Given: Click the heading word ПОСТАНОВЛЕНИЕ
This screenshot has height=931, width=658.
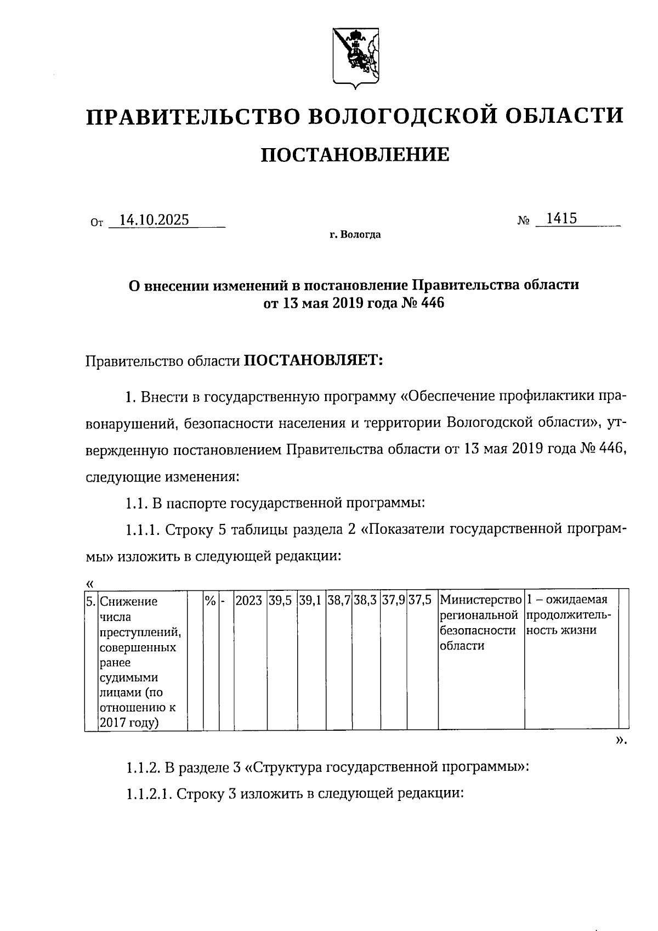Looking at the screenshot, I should (355, 155).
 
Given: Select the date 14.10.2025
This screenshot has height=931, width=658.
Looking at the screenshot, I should (154, 220).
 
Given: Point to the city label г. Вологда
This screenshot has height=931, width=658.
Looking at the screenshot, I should (355, 235).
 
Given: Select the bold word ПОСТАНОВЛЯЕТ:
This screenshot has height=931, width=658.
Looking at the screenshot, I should (313, 360).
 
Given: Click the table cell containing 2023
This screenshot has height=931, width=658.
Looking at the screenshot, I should (248, 601).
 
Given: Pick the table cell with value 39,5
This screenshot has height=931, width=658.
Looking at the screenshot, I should (282, 601).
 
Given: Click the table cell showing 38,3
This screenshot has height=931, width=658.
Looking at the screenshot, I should (365, 601).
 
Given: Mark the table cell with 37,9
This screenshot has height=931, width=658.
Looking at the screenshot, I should (393, 601).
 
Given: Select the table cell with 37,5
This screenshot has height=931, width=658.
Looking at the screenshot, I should (420, 601).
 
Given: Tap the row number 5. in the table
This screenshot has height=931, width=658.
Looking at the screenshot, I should (91, 601).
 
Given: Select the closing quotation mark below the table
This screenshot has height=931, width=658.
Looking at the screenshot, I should (620, 741).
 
